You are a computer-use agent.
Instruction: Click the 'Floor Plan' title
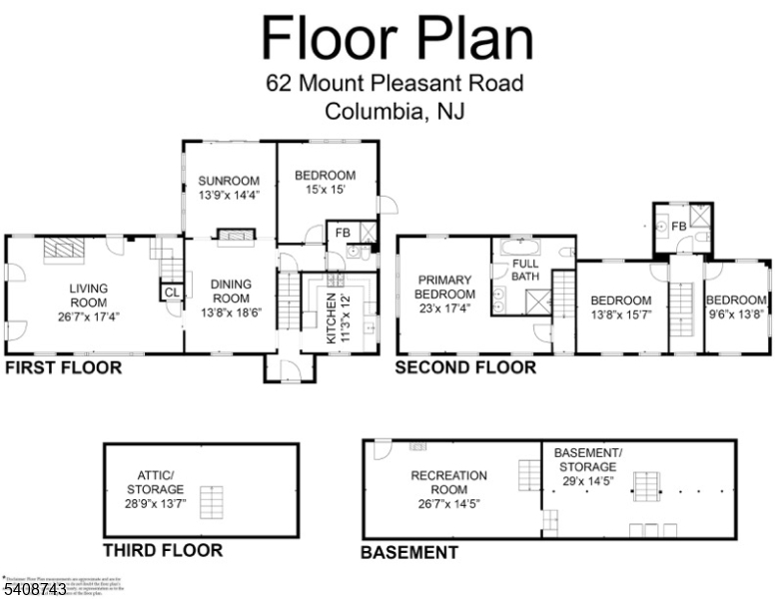click(x=396, y=38)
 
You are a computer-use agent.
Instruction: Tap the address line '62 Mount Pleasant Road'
click(x=394, y=84)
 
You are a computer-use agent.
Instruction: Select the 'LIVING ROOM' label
click(x=88, y=297)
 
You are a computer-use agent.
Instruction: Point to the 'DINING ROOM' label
click(x=231, y=291)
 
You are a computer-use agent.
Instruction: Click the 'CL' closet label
click(x=171, y=293)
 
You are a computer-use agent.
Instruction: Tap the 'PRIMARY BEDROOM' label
click(x=445, y=288)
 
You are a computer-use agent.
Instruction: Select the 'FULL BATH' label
click(x=525, y=270)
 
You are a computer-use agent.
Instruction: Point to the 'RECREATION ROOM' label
click(x=448, y=483)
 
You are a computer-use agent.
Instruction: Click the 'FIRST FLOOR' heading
click(x=63, y=368)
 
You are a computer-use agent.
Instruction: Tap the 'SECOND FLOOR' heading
click(x=465, y=368)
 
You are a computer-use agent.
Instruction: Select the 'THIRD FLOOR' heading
click(x=163, y=550)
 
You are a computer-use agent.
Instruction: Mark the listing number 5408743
click(x=35, y=590)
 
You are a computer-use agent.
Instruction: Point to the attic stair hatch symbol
click(x=210, y=498)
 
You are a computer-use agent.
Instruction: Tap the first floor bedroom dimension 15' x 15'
click(x=325, y=191)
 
